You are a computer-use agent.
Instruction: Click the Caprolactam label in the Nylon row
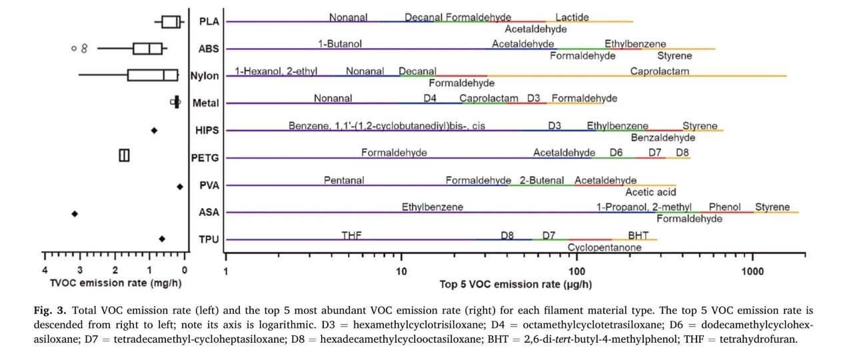point(660,71)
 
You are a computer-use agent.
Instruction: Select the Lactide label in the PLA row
point(572,17)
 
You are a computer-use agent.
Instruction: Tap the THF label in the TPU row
point(351,235)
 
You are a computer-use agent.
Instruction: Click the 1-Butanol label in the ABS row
point(340,44)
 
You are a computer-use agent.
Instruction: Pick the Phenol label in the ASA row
point(724,207)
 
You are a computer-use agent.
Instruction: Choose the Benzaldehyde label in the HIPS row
point(662,138)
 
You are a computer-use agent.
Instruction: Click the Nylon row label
point(204,76)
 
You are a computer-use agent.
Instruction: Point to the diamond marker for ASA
point(75,213)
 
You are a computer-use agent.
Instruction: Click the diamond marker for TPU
point(162,239)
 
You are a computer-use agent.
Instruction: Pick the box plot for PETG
point(124,155)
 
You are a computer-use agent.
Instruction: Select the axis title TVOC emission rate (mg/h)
point(116,283)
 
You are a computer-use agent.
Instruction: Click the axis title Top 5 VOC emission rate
point(516,285)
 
